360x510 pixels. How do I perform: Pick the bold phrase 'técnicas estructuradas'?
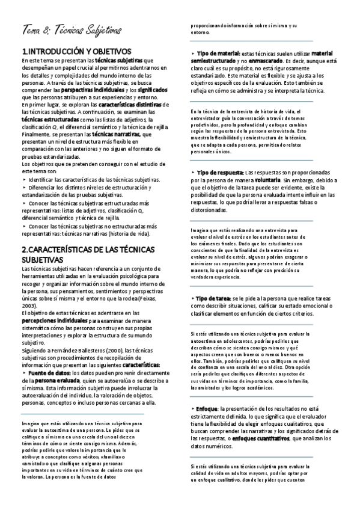click(x=50, y=120)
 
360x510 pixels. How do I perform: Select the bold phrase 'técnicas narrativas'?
click(x=110, y=135)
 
